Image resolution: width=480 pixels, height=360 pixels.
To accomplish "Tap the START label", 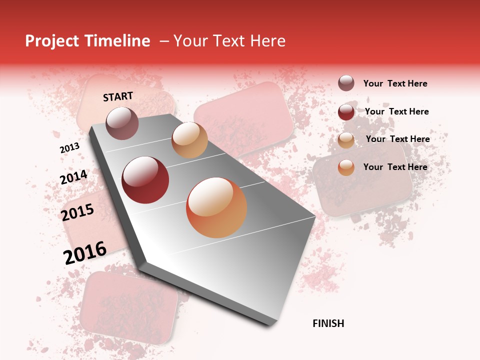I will click(118, 96).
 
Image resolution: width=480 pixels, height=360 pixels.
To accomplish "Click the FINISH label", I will click(328, 323).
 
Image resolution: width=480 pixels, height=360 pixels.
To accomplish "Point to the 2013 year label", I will click(69, 148).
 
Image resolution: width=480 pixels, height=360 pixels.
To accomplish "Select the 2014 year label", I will click(73, 177).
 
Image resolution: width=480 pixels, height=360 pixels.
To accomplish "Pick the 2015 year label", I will click(77, 213).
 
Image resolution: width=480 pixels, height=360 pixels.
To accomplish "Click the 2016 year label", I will click(85, 252).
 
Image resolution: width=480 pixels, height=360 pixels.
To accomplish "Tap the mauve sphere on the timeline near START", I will click(122, 123).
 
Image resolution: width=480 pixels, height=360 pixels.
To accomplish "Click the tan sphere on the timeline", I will click(189, 140).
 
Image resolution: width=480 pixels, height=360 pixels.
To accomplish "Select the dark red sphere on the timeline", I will click(145, 180).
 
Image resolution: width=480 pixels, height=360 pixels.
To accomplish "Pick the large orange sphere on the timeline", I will click(216, 207).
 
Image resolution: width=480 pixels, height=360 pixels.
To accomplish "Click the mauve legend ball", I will click(346, 83).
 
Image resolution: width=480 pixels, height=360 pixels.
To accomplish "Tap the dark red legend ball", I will click(346, 112).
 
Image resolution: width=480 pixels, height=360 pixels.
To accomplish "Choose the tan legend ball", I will click(346, 140).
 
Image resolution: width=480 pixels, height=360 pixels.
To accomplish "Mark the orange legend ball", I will click(346, 167).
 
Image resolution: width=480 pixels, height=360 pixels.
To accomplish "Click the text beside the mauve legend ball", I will click(395, 83).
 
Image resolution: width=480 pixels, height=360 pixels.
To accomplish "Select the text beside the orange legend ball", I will click(395, 167).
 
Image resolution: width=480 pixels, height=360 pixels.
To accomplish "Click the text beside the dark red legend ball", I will click(396, 111).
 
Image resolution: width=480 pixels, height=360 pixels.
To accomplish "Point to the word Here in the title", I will click(267, 41).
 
